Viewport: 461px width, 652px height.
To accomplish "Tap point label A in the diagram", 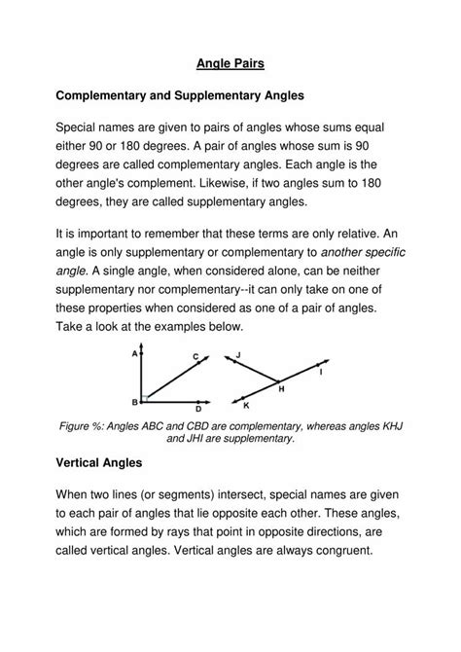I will (x=134, y=354).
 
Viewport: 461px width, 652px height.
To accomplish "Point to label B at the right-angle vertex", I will (x=134, y=401).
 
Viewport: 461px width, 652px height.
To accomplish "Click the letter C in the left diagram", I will (x=195, y=357).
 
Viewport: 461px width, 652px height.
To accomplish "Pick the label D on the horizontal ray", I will (x=197, y=410).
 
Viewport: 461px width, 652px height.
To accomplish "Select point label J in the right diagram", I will (x=238, y=354).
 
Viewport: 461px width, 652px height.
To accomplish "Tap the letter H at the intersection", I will (x=282, y=388).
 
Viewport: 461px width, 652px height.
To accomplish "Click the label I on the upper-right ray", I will (x=321, y=373).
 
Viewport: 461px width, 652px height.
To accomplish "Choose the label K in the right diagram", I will (x=246, y=405).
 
